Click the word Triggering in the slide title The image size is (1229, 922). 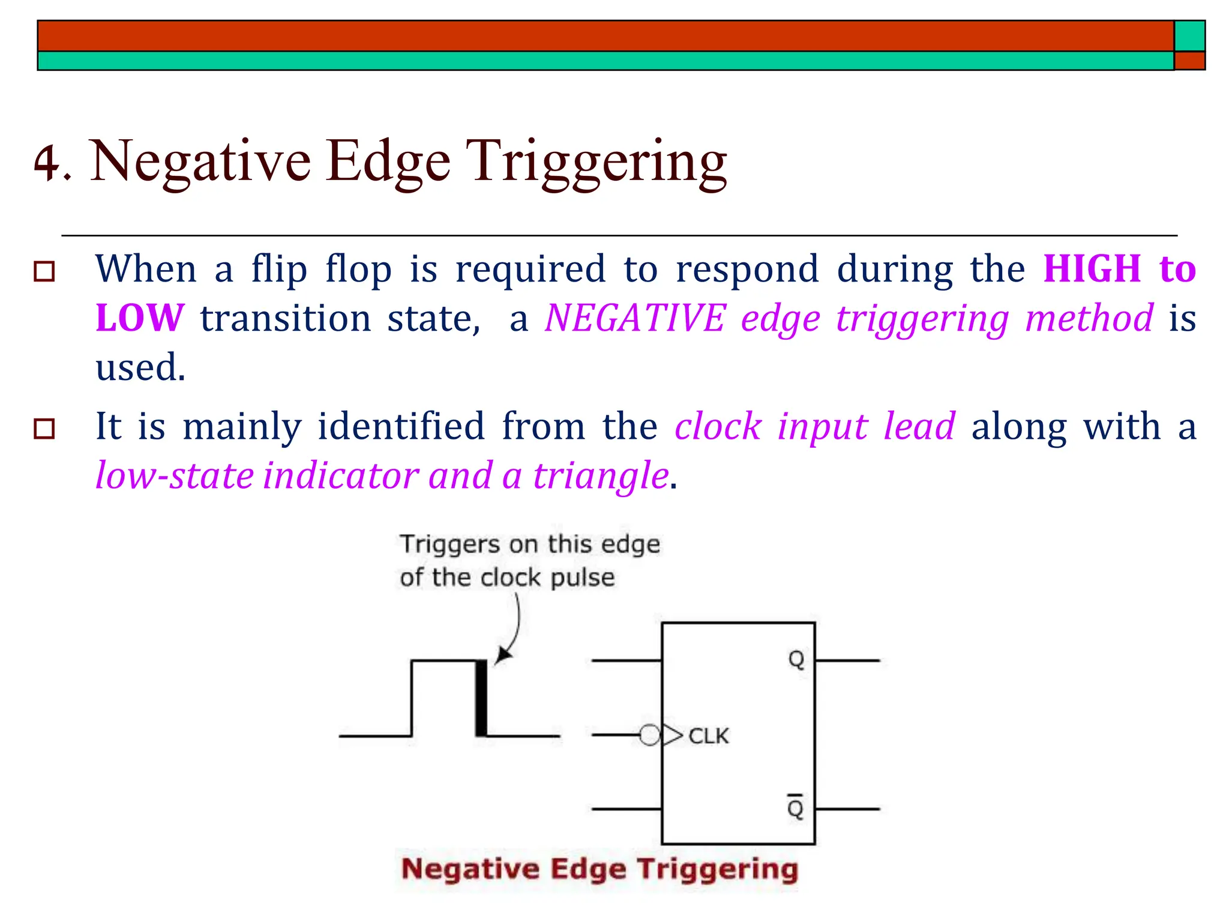pos(596,162)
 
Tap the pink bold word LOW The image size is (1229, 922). pos(140,318)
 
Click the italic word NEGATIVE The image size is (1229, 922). pos(635,318)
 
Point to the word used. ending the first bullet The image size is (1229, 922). pos(140,367)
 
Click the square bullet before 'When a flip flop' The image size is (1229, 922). pos(44,271)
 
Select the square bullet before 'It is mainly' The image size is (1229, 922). pos(44,429)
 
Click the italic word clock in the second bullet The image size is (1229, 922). pos(718,427)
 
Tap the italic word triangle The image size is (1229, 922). pos(601,476)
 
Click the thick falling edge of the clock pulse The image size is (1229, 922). pos(481,698)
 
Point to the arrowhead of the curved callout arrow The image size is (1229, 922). pos(502,657)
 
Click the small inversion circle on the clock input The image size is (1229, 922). pos(649,735)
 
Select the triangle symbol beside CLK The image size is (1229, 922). pos(672,735)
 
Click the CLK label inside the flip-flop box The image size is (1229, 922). pos(708,736)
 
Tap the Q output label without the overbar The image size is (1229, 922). pos(796,660)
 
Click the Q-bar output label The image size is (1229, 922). pos(796,807)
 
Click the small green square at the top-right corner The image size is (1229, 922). pos(1189,36)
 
